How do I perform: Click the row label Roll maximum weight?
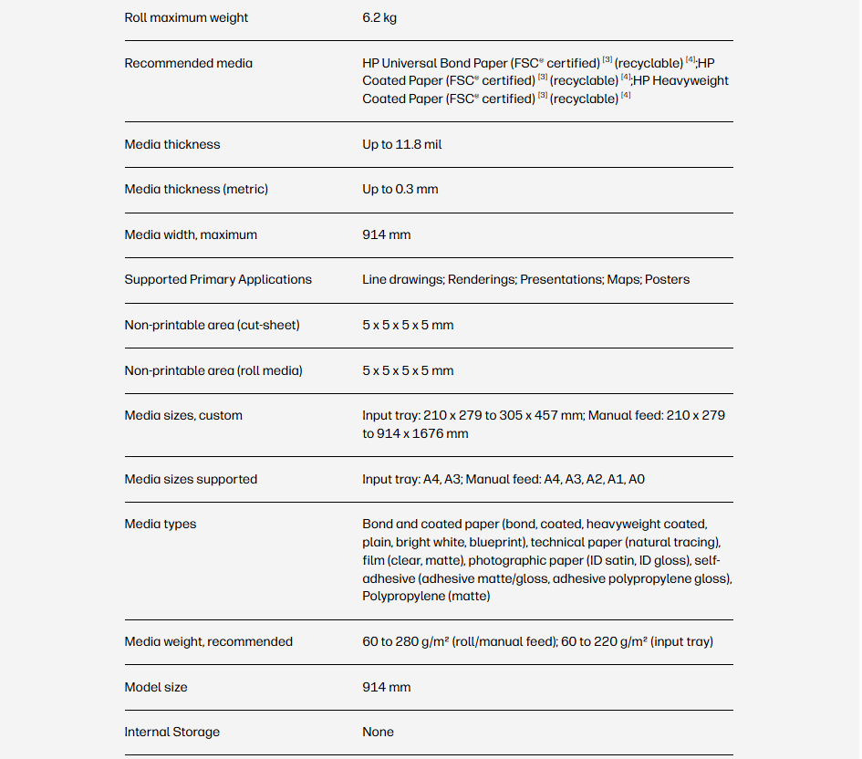pos(186,18)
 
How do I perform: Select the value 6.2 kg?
pos(379,18)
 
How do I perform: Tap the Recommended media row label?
pos(188,64)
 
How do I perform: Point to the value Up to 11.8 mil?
pos(401,145)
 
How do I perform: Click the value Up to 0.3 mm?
pos(400,190)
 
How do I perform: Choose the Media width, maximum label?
pos(191,235)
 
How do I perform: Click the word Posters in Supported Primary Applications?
pos(667,280)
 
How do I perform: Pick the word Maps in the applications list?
pos(623,280)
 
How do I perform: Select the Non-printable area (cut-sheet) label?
pos(212,326)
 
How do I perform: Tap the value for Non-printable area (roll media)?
pos(408,371)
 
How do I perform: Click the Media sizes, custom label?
pos(183,416)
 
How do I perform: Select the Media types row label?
pos(160,525)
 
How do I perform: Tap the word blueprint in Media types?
pos(498,543)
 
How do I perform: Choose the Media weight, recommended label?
pos(208,642)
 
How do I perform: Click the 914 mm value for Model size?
pos(386,688)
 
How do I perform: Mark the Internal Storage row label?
pos(171,733)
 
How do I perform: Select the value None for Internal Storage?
pos(378,733)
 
